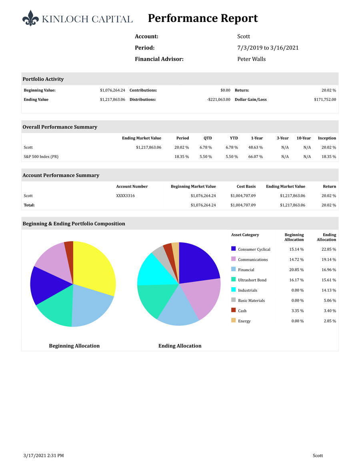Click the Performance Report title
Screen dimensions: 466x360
coord(203,18)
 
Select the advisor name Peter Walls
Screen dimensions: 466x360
coord(251,59)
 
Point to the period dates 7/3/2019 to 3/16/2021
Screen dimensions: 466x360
coord(268,48)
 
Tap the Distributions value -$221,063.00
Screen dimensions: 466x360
coord(218,100)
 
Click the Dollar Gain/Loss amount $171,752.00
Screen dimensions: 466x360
coord(325,100)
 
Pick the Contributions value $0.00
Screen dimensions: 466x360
coord(225,90)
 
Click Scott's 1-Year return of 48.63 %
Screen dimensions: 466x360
coord(255,148)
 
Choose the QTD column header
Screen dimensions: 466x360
coord(208,138)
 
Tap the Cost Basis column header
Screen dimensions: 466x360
coord(246,186)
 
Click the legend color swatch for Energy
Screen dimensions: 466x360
coord(234,320)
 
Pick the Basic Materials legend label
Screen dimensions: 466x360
coord(251,301)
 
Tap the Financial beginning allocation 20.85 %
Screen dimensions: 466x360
coord(296,270)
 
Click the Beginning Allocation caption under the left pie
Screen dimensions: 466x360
coord(74,346)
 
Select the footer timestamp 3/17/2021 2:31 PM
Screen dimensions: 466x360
coord(44,456)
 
